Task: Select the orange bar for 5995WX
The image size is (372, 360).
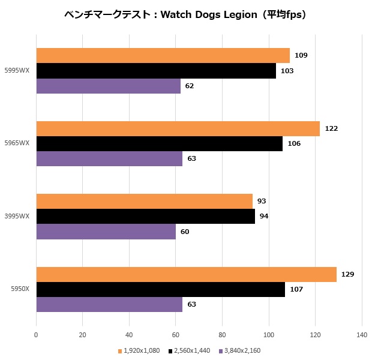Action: pos(163,56)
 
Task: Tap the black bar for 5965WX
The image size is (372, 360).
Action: pos(159,144)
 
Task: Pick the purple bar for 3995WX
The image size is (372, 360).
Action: pos(106,232)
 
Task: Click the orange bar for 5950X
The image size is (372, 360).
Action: pos(186,274)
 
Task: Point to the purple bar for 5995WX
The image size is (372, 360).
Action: pos(108,86)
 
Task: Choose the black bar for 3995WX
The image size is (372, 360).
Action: pos(145,217)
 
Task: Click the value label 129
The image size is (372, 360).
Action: pos(347,274)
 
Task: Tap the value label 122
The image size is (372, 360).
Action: pos(331,128)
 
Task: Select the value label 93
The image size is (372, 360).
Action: pos(262,201)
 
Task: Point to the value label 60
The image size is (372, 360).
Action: pos(185,232)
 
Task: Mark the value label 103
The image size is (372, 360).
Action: pos(287,71)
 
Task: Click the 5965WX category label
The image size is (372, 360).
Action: pos(16,144)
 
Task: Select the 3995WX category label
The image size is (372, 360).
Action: pos(16,217)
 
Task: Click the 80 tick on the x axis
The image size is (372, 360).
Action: pos(222,334)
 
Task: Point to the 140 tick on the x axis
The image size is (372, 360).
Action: pos(361,334)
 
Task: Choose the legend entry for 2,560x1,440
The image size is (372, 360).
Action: pos(189,350)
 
